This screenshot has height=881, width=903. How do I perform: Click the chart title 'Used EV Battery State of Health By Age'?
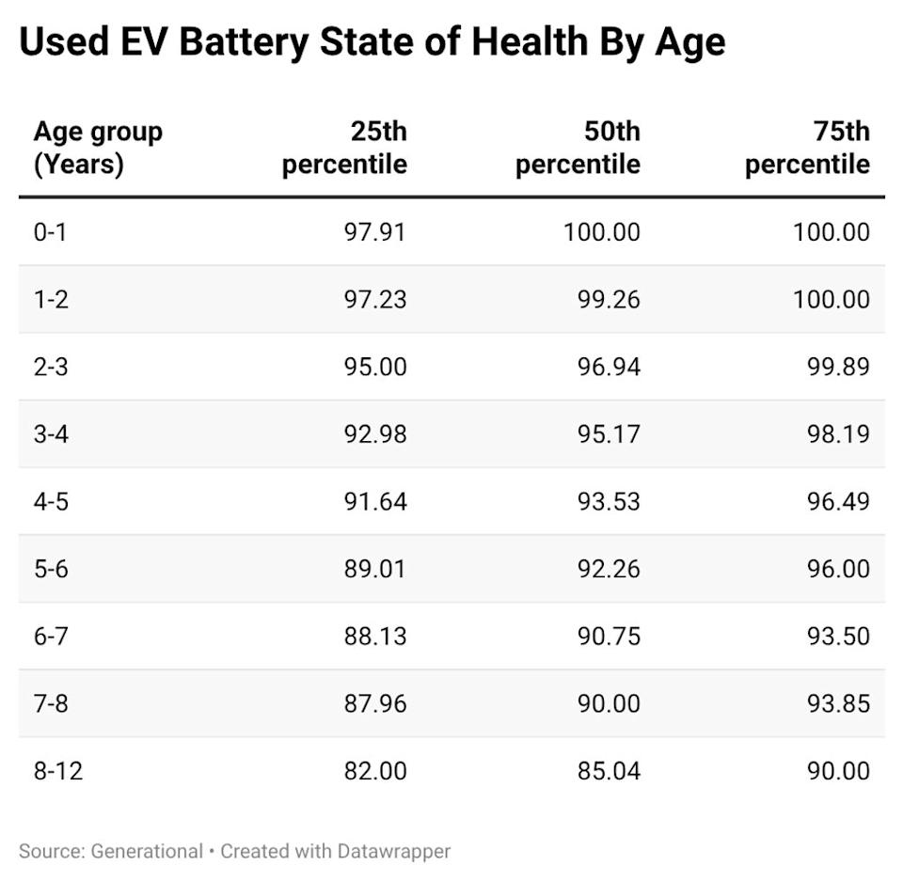[372, 42]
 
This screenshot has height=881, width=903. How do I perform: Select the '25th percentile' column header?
[344, 148]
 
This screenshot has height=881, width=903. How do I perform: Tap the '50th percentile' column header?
[578, 148]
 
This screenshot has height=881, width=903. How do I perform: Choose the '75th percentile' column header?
[807, 148]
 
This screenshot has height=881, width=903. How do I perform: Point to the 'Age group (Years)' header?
[98, 148]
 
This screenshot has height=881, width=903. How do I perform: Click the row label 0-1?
[50, 231]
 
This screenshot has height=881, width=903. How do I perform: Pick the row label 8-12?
[57, 771]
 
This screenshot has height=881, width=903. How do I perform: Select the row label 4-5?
[50, 501]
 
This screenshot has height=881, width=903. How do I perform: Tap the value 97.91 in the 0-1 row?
[373, 231]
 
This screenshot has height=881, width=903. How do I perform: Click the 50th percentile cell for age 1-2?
[609, 299]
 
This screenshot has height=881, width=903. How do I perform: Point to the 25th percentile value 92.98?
[373, 434]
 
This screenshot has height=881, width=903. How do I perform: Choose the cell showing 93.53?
[609, 501]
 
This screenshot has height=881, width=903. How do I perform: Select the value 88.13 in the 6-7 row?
[373, 637]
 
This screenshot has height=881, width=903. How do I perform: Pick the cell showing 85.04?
[609, 771]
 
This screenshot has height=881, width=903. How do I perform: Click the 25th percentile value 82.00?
[373, 771]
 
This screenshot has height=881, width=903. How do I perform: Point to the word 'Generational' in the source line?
[147, 851]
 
